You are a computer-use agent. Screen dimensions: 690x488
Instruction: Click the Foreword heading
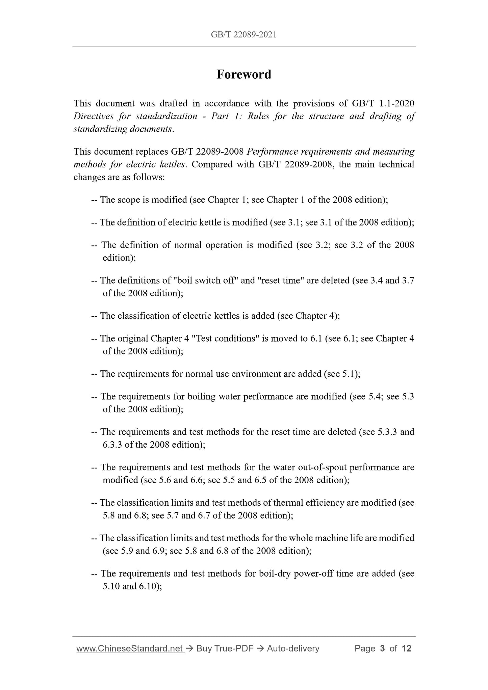point(244,75)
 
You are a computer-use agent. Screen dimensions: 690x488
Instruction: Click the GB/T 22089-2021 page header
point(244,34)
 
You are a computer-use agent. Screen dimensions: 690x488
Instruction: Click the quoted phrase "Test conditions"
point(225,339)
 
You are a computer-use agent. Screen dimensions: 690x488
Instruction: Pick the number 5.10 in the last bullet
point(111,586)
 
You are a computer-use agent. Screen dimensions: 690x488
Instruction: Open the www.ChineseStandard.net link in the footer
point(130,648)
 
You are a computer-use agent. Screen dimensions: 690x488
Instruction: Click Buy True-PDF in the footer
point(225,648)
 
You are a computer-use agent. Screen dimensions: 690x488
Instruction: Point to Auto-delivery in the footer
point(293,648)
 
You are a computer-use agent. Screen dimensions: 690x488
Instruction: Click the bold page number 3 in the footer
point(382,648)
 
